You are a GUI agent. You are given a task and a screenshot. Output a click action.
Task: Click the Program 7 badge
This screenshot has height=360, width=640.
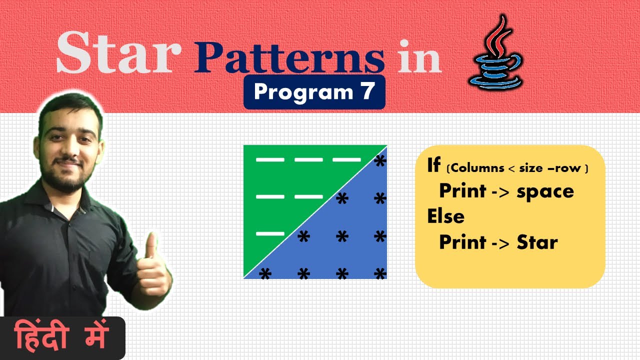click(314, 92)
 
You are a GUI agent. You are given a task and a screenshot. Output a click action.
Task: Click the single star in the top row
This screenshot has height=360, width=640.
click(380, 161)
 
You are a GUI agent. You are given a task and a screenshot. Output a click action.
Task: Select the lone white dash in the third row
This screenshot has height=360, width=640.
click(270, 233)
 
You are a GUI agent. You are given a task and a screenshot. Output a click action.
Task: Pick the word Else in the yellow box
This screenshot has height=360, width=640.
click(445, 216)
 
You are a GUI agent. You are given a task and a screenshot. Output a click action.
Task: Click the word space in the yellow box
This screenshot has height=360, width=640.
click(546, 191)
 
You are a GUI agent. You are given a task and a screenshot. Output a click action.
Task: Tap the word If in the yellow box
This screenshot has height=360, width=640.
click(433, 165)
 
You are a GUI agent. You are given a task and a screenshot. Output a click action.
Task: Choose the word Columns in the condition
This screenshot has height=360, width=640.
click(477, 168)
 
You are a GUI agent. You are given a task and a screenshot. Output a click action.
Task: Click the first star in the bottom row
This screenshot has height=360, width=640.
click(265, 274)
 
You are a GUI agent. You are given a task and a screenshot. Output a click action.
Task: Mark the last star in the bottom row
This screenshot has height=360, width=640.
click(380, 274)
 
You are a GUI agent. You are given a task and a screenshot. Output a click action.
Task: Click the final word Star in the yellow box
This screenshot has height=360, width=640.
click(537, 242)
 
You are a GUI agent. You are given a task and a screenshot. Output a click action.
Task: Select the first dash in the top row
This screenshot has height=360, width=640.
click(270, 160)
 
